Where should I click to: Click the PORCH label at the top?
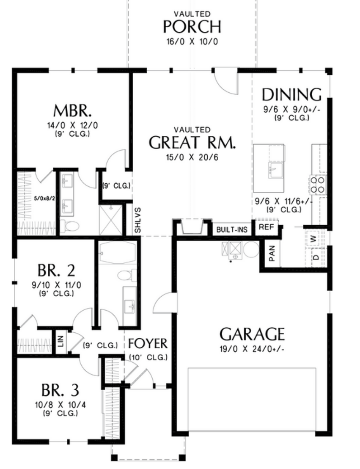point(192,27)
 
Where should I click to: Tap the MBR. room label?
point(72,110)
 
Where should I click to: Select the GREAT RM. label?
point(192,142)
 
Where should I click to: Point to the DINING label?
point(291,94)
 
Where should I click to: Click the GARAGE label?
point(252,334)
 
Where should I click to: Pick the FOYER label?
point(148,344)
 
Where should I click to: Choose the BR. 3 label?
point(60,390)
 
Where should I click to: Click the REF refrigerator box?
point(267,227)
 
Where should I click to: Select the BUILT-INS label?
point(232,230)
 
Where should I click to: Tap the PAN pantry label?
point(272,254)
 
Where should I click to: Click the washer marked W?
point(313,239)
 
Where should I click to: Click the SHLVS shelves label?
point(137,221)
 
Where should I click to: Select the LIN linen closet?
point(60,341)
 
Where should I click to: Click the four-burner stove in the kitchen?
point(317,185)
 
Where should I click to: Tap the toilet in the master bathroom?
point(70,225)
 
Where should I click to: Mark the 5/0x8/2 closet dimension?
point(45,198)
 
